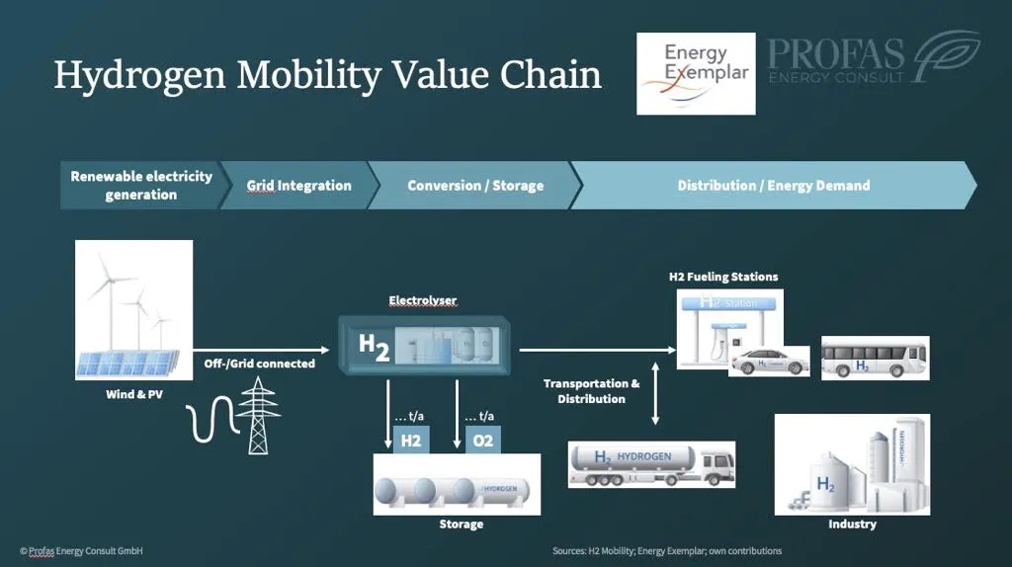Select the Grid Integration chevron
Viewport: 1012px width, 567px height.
[298, 186]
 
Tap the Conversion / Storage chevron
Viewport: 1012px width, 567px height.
[474, 186]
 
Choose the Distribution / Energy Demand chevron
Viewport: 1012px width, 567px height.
[773, 186]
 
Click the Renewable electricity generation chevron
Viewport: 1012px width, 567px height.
[140, 186]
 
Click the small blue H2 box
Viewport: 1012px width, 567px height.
[411, 441]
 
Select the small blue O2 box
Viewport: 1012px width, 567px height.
[482, 441]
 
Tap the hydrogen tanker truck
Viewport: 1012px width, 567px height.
[652, 463]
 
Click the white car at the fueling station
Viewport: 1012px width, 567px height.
[771, 361]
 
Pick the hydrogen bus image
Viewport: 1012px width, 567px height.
[875, 358]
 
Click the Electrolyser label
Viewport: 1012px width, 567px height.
[423, 300]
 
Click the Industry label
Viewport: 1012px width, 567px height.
[852, 524]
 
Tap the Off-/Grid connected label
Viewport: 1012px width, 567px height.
[259, 364]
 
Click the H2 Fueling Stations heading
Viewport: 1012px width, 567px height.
[723, 277]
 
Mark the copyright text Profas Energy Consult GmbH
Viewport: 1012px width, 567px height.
[81, 550]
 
